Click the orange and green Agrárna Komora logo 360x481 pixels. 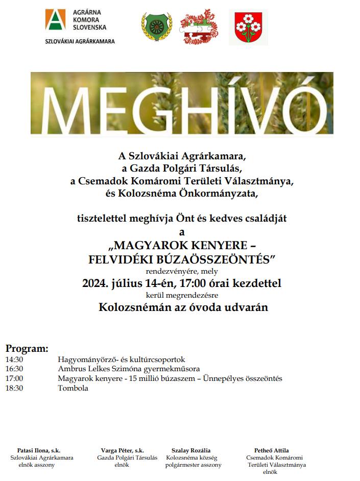56,20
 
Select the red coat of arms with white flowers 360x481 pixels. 248,27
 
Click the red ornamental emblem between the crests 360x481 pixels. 199,27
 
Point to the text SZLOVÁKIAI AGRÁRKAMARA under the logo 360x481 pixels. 80,41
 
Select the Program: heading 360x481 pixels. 27,349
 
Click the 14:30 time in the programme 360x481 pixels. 14,359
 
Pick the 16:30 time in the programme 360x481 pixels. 14,369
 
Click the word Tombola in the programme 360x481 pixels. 73,388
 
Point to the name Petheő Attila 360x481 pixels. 271,450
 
